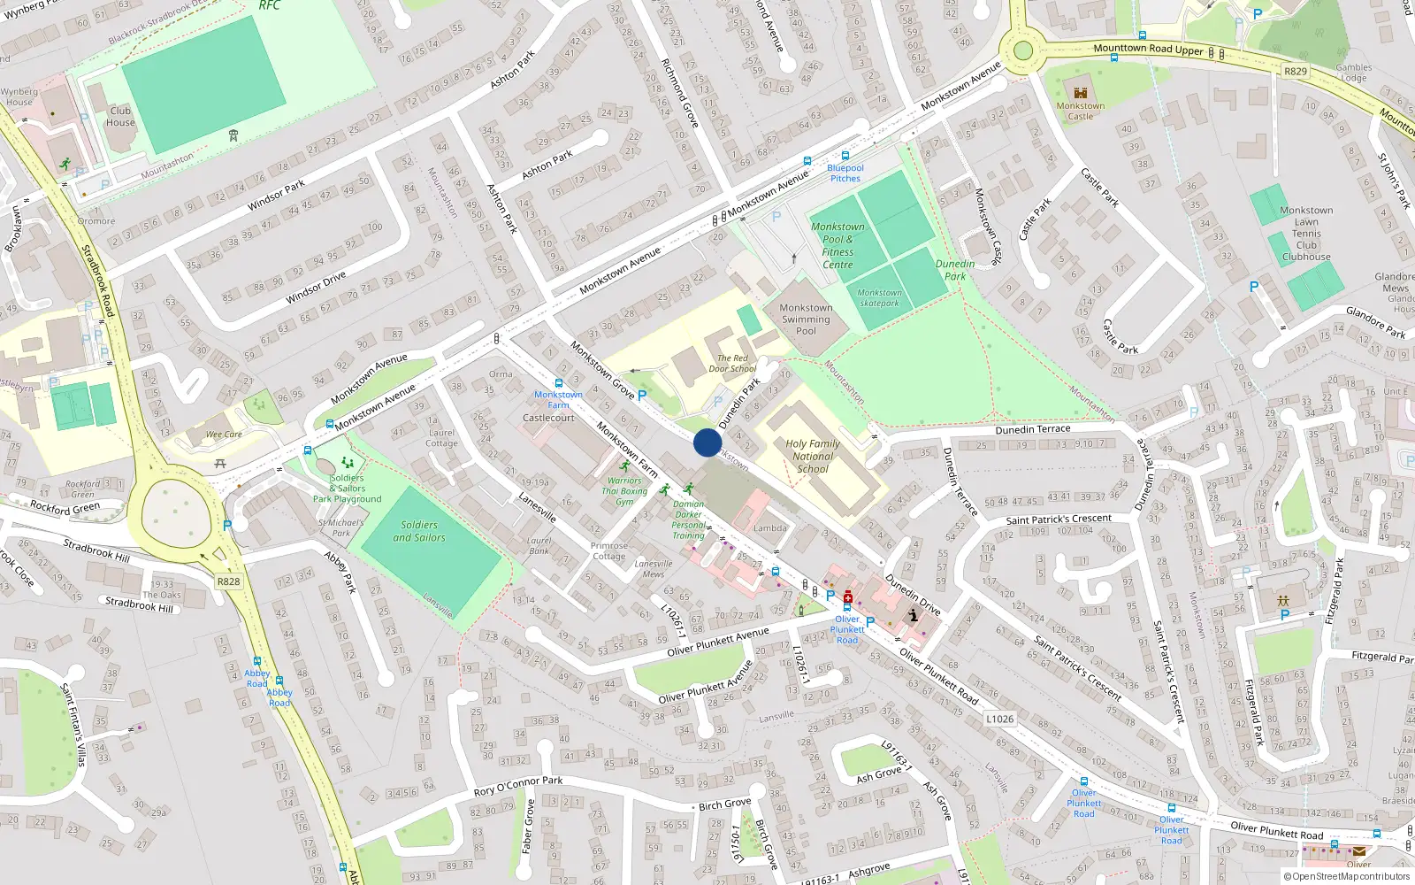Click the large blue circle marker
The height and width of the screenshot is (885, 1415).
click(x=707, y=442)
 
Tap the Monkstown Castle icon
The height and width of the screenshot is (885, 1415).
click(x=1080, y=93)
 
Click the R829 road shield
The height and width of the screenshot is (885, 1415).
click(x=1295, y=71)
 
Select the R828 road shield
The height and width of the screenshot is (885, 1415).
click(x=228, y=581)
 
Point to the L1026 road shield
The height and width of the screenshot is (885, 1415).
click(x=999, y=719)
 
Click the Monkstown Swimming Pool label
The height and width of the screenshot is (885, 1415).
click(x=806, y=319)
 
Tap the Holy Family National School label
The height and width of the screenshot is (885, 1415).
click(x=813, y=457)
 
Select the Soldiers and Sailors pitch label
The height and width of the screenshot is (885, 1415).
click(x=419, y=531)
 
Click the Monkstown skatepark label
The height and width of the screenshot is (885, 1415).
click(x=879, y=297)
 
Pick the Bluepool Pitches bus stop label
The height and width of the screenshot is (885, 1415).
click(x=845, y=173)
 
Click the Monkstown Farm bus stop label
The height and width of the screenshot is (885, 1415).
click(x=558, y=400)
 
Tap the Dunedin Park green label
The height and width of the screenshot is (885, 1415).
click(x=955, y=270)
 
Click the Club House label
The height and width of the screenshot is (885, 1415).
click(x=121, y=117)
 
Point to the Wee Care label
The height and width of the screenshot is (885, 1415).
click(x=224, y=435)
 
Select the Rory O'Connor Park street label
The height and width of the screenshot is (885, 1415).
click(x=518, y=786)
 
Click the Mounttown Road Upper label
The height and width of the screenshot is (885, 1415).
click(x=1148, y=49)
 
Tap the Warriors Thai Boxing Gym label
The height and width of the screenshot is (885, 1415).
click(x=624, y=491)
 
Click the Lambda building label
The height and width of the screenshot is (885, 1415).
click(x=769, y=528)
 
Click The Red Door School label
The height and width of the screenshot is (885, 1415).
click(x=732, y=364)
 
